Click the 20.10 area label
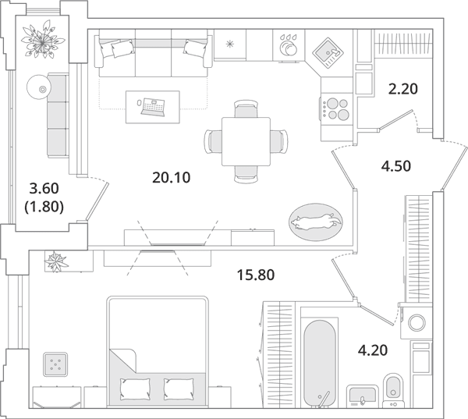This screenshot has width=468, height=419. pos(172,177)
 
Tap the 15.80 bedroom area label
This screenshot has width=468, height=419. pos(256,275)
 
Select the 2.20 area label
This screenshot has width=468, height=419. pos(403,89)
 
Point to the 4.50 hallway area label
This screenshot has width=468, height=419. pos(396,165)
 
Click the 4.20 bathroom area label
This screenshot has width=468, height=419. pos(373,350)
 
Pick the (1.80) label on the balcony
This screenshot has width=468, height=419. pos(44,207)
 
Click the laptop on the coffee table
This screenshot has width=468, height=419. pos(153,107)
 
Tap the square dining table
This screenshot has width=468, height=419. pos(246,141)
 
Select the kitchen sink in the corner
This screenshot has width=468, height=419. pos(328,53)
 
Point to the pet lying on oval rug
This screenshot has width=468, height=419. pos(315,222)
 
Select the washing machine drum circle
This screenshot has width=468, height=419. pos(417,322)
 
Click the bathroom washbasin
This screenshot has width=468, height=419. pos(363,396)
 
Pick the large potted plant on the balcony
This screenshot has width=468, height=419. pos(43,39)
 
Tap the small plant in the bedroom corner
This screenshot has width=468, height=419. pos(56,261)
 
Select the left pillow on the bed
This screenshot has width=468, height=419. pos(135,389)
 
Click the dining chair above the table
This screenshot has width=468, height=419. pos(246,108)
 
